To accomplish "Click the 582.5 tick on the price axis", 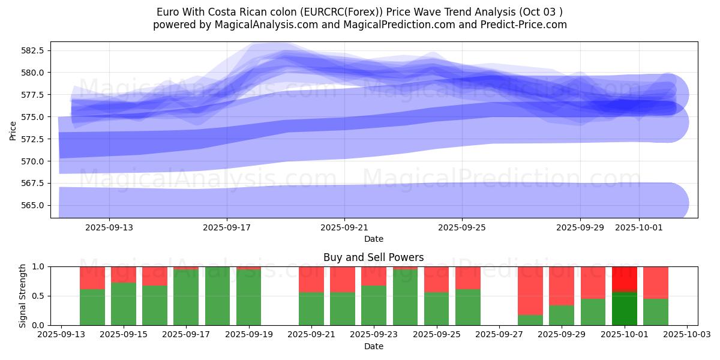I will tap(33, 50).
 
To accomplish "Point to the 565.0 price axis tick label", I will tap(33, 205).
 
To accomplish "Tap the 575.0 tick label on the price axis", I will tap(33, 117).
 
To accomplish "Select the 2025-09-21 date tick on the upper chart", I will tap(344, 227).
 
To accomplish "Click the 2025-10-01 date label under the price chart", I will tap(638, 227).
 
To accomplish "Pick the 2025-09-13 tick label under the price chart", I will tap(109, 227).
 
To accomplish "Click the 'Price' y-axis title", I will tap(13, 130).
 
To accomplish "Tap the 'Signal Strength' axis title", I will tap(23, 296).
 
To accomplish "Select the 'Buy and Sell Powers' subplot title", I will tap(373, 257).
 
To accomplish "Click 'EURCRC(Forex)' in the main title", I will tap(347, 12).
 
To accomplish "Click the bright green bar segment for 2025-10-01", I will tap(625, 308).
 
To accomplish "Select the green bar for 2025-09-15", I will tap(124, 304).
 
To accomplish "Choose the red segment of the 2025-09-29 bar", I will tap(562, 286).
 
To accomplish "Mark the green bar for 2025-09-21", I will tap(311, 308).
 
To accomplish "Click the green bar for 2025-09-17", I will tap(186, 297).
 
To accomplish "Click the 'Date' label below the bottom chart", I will tap(373, 346).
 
